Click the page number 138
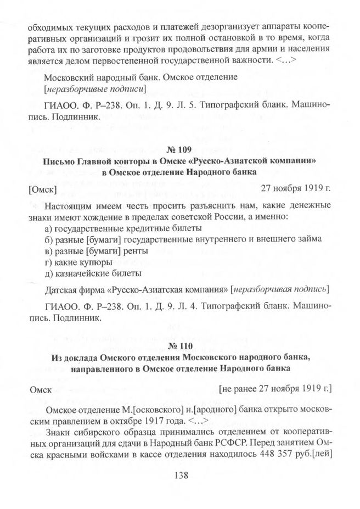click(180, 476)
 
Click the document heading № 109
click(179, 150)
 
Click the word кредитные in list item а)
click(138, 228)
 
